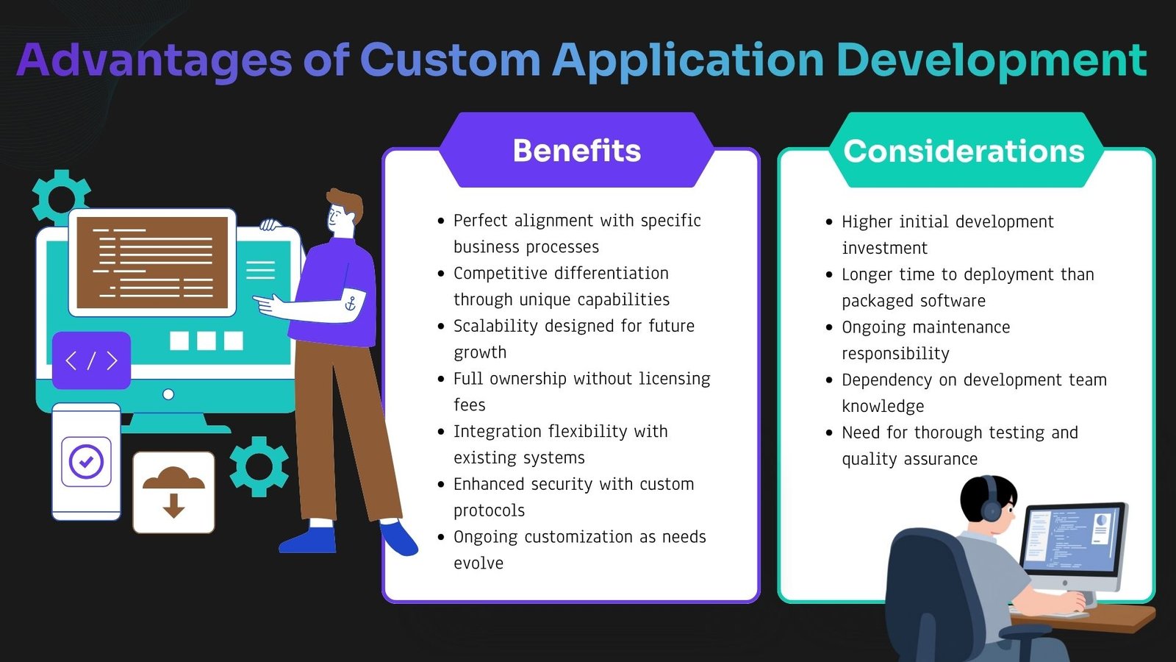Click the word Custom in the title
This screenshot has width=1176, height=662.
click(x=451, y=60)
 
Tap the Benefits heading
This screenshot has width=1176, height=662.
click(x=577, y=151)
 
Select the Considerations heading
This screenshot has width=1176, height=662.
click(x=964, y=152)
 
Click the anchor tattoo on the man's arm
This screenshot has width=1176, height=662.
click(x=350, y=304)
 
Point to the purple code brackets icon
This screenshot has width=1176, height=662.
click(x=91, y=360)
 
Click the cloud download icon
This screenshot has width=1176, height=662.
click(x=173, y=492)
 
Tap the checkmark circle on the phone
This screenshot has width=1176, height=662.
click(x=86, y=462)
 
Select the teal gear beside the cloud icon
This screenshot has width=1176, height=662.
click(x=259, y=466)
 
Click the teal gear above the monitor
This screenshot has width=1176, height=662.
click(x=60, y=196)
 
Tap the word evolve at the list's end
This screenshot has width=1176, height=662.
click(x=478, y=563)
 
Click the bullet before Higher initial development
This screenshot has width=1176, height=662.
click(x=829, y=222)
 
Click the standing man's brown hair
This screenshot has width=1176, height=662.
click(x=345, y=202)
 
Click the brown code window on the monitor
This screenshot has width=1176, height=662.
click(x=152, y=263)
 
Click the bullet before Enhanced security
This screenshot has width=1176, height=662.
click(x=441, y=485)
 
